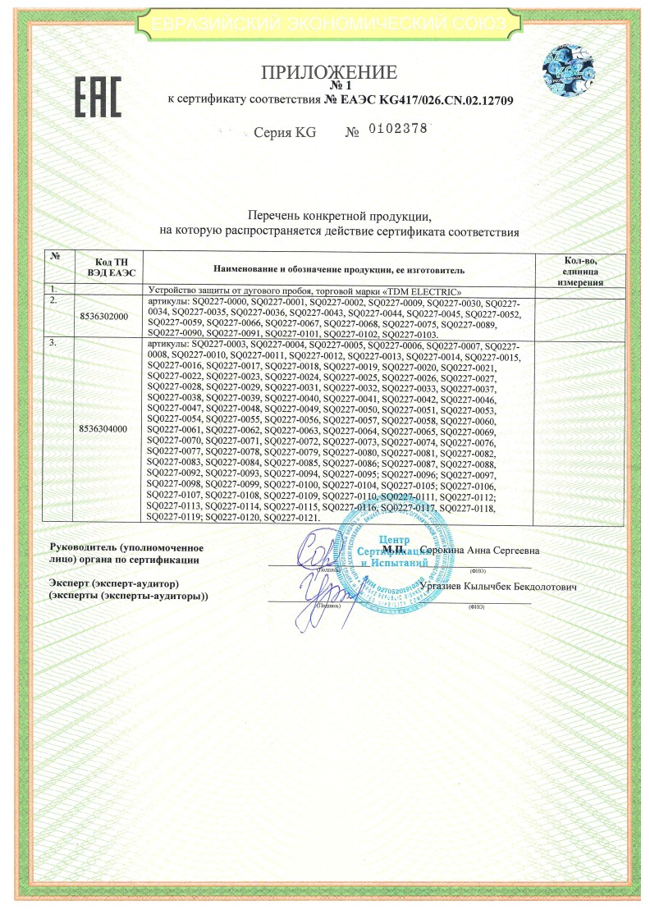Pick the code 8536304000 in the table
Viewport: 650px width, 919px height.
click(x=103, y=428)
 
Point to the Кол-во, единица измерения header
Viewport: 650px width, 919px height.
click(x=580, y=270)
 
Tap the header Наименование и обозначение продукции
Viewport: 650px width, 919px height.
click(x=339, y=268)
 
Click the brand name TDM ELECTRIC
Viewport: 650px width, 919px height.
click(x=427, y=291)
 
